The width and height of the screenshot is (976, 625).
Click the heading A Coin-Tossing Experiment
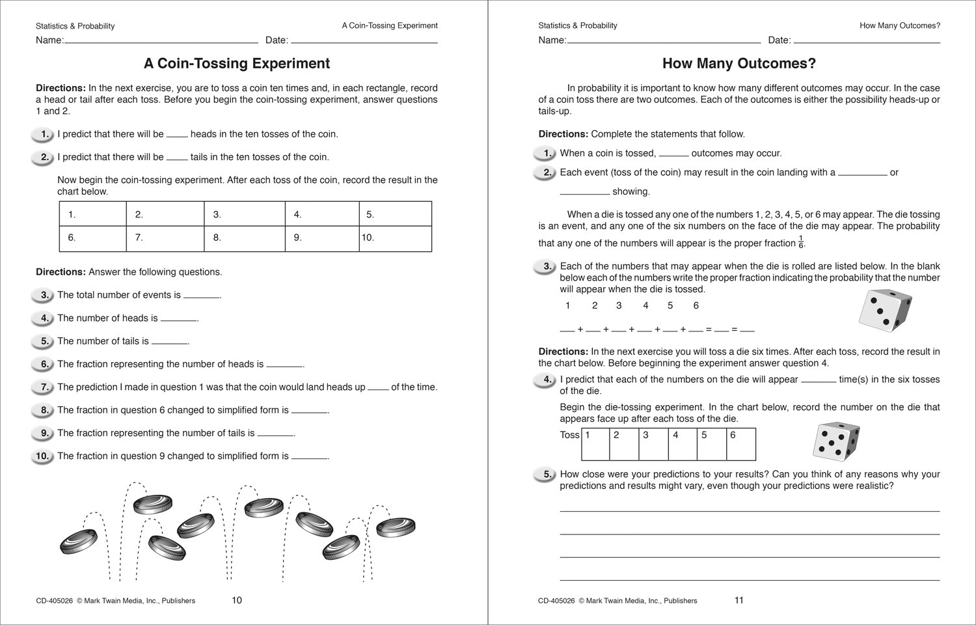[236, 63]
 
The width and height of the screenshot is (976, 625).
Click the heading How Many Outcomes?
[739, 63]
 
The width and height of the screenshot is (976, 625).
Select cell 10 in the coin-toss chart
[395, 238]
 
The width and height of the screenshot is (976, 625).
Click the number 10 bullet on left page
[42, 456]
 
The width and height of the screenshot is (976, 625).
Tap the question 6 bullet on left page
[42, 365]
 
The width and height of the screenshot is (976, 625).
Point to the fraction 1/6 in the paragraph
[801, 243]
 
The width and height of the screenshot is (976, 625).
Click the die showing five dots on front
[836, 441]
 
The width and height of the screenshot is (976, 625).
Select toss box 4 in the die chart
[683, 444]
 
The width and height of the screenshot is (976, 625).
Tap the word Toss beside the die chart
[569, 435]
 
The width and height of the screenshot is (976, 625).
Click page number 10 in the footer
[237, 600]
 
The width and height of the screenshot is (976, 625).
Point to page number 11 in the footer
[739, 600]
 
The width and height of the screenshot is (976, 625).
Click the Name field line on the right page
[664, 42]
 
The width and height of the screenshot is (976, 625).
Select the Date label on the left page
[277, 40]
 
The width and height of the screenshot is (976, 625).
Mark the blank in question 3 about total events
[202, 296]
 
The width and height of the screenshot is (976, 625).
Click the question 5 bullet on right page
[545, 475]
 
